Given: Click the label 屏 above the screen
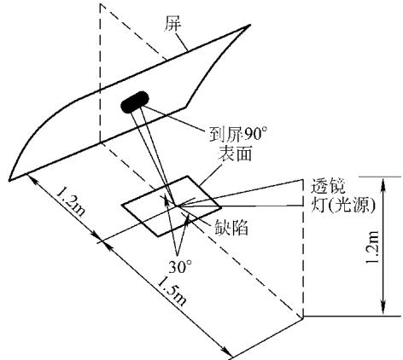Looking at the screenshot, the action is (172, 24).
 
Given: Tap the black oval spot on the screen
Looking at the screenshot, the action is (135, 102).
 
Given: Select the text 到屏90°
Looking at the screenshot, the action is (238, 133).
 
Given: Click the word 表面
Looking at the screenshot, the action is (235, 154).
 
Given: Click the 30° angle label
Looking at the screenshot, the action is (180, 267).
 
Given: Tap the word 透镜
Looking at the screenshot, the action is (327, 186).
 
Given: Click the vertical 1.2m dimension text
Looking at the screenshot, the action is (372, 247).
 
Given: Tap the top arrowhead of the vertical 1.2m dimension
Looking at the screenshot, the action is (383, 183).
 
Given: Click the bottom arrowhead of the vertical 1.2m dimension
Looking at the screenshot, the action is (383, 311).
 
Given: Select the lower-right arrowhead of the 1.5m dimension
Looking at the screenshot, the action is (228, 352).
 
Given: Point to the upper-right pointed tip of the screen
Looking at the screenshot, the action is (250, 25).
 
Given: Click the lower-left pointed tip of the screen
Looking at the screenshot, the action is (9, 180).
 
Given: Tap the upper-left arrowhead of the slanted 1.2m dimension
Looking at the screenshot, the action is (32, 179).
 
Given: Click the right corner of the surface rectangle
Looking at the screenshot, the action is (221, 207).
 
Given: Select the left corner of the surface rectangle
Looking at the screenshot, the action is (122, 205).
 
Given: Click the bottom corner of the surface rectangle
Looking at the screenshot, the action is (157, 235).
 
